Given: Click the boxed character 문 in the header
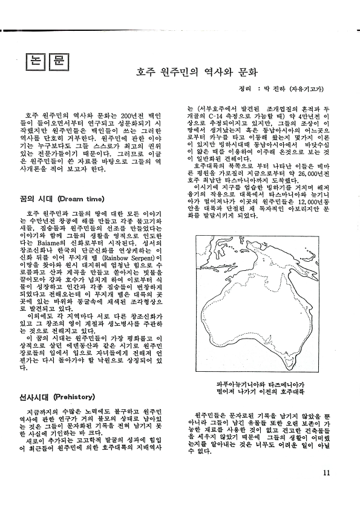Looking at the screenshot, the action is [x=57, y=62].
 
